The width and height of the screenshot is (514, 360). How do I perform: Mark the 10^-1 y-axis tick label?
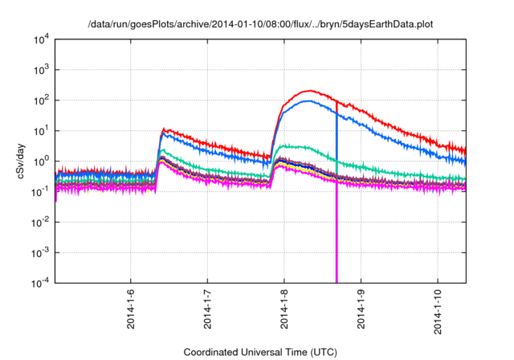(39, 191)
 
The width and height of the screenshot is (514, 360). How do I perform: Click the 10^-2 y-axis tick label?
(39, 222)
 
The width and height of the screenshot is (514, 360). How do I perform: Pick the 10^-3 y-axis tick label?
(39, 252)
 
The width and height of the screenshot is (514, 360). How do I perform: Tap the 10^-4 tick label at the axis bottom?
(39, 282)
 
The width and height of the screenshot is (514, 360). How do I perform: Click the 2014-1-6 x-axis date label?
(131, 309)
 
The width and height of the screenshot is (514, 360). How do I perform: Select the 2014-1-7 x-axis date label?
(207, 309)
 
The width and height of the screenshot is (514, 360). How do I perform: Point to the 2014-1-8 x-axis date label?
(284, 309)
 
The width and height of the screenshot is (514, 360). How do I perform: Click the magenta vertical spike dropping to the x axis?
(337, 241)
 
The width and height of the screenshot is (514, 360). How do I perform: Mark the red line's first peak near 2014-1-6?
(164, 129)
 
